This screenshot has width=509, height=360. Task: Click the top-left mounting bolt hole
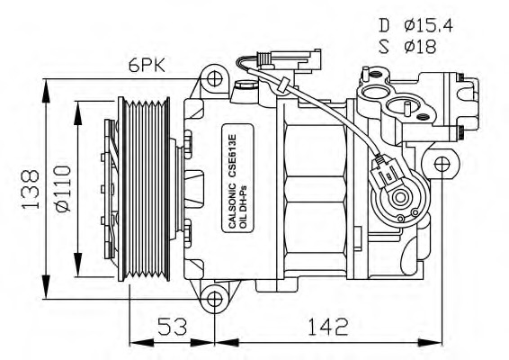coord(213,79)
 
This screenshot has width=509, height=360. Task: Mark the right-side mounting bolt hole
coord(441,165)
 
